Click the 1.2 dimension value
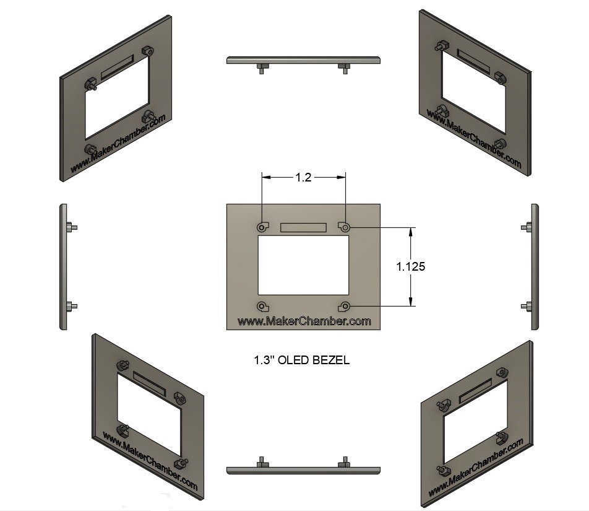click(x=303, y=178)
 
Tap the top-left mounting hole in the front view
click(x=262, y=228)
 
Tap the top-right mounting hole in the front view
click(x=345, y=228)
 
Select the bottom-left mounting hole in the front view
click(x=262, y=306)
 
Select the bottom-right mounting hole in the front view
click(x=345, y=306)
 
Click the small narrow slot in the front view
click(x=303, y=227)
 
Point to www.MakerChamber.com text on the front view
click(x=304, y=321)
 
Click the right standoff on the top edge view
click(x=344, y=68)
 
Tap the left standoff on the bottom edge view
click(x=262, y=462)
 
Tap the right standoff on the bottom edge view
click(x=343, y=462)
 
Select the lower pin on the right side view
click(x=526, y=305)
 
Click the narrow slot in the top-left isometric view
click(x=116, y=67)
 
